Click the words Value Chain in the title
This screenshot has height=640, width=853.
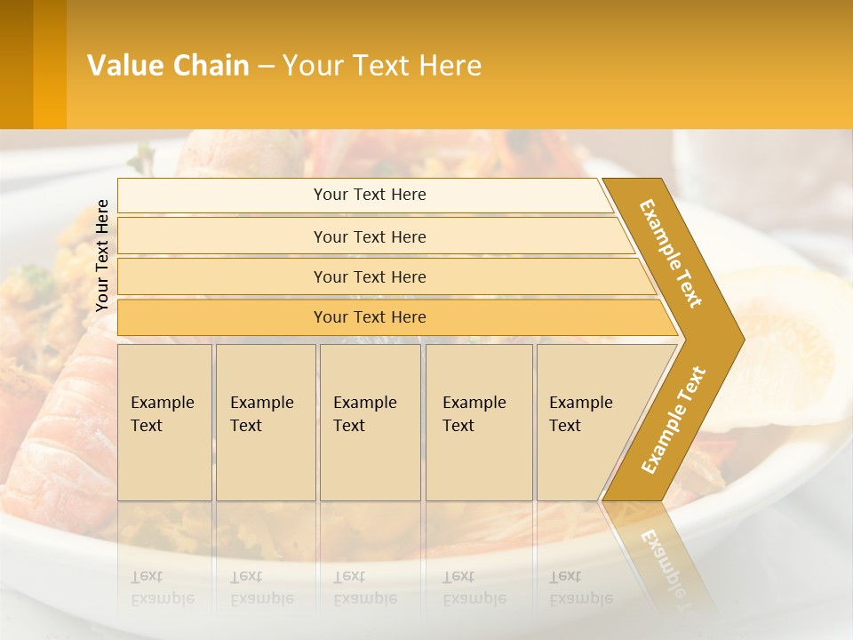168,66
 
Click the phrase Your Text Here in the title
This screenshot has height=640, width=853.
382,66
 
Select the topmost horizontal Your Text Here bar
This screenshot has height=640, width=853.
370,195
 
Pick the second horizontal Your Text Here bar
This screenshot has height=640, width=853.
370,236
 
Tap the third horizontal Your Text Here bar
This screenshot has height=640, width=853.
370,276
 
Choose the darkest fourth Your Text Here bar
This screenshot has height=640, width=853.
370,317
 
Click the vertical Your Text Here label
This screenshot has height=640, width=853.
102,255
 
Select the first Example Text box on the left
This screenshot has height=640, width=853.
164,422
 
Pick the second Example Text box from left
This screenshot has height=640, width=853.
265,422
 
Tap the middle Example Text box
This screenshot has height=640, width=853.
370,422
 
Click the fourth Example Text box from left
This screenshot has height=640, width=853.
478,422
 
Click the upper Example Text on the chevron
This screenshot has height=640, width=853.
671,252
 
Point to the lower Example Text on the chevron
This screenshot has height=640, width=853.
674,420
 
